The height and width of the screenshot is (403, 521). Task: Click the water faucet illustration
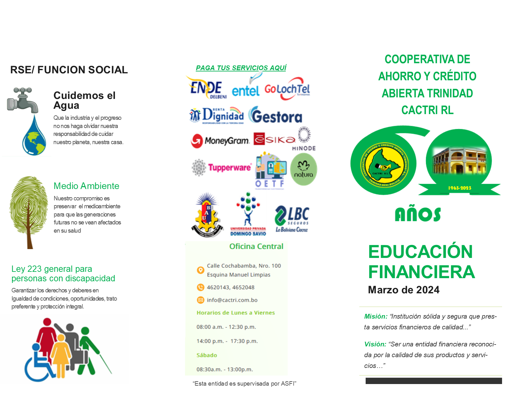(22, 100)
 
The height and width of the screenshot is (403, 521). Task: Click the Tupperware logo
(229, 167)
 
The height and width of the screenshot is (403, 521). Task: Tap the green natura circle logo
(303, 169)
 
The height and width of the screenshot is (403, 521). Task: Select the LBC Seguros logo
(292, 218)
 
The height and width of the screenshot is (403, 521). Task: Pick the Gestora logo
(275, 116)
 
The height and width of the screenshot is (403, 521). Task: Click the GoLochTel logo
(287, 89)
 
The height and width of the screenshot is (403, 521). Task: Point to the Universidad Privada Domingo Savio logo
(248, 215)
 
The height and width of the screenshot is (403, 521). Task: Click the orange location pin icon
(200, 270)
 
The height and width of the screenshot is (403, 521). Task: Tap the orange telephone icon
(200, 287)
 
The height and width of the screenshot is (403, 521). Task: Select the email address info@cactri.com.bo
(232, 300)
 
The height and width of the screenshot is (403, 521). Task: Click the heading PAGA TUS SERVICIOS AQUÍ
(241, 68)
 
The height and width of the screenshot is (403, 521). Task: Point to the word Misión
(375, 316)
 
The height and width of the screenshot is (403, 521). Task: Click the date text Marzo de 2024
(404, 290)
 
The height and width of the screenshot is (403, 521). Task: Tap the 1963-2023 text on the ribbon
(459, 188)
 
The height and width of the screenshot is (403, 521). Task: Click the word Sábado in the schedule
(207, 355)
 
